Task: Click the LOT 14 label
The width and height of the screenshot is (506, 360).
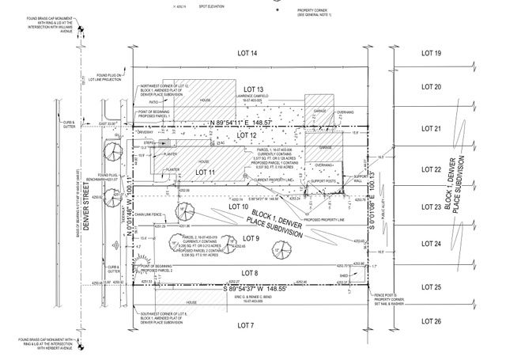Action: [248, 53]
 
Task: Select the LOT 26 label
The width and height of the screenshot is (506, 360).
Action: [431, 321]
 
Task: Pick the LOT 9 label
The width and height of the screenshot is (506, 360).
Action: [251, 238]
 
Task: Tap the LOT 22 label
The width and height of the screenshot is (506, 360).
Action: [431, 169]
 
